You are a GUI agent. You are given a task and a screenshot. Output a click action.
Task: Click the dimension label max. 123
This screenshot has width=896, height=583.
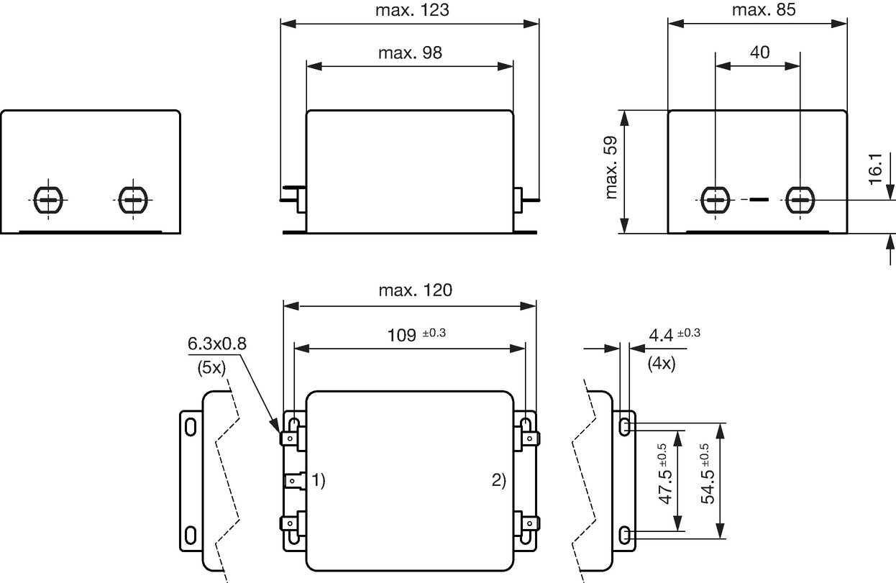(412, 10)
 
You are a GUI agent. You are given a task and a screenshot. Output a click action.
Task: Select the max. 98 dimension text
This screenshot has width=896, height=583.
(410, 52)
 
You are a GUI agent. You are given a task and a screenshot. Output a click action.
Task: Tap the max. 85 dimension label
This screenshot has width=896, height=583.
(764, 10)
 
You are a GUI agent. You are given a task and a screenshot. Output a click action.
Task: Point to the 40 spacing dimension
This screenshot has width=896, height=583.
(759, 52)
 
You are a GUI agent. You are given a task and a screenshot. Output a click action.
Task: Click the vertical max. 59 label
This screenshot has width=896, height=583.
(611, 167)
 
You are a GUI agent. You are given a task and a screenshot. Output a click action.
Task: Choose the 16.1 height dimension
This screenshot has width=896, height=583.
(876, 169)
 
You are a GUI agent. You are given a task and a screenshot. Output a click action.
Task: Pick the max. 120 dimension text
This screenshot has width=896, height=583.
(415, 290)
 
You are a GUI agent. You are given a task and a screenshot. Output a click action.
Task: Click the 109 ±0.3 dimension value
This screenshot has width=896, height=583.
(416, 334)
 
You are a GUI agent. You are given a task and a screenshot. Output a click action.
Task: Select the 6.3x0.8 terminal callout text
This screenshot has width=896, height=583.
(216, 344)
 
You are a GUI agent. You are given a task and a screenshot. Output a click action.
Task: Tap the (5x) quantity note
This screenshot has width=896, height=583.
(211, 367)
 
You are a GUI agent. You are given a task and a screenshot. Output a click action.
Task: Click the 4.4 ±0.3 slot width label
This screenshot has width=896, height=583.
(675, 334)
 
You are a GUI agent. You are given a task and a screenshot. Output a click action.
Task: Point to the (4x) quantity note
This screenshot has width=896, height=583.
(662, 364)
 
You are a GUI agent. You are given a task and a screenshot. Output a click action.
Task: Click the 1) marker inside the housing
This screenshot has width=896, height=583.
(319, 479)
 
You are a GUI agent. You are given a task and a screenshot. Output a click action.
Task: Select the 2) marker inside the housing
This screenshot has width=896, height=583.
(499, 479)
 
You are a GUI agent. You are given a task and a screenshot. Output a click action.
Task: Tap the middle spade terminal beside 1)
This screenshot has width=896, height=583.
(294, 480)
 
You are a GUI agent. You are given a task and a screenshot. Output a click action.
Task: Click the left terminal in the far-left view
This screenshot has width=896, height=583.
(48, 200)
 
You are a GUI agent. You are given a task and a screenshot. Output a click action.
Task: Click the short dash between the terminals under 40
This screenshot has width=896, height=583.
(759, 200)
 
